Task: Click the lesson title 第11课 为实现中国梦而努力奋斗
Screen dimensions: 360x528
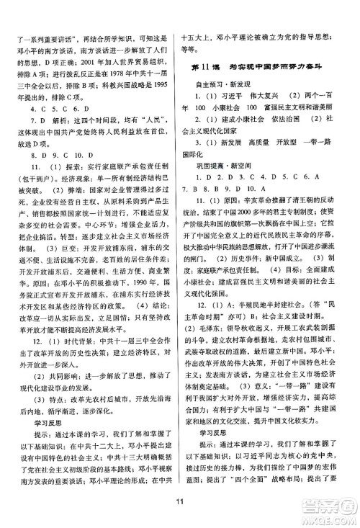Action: tap(259, 67)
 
